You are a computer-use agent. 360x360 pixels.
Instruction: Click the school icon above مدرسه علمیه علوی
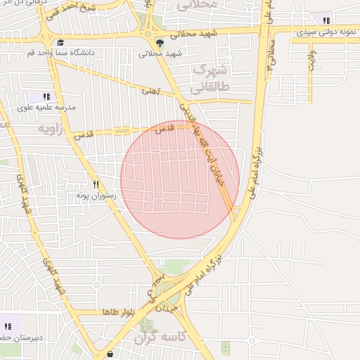[46, 96]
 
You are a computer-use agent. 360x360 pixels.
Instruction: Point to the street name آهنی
[151, 91]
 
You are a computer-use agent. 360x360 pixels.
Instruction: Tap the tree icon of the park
[160, 43]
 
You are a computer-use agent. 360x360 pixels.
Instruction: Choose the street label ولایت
[310, 60]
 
